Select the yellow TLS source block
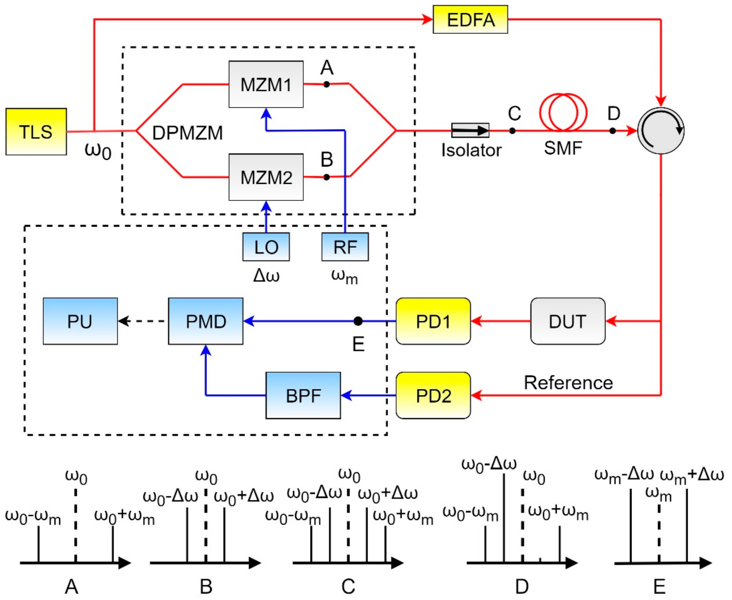coord(36,131)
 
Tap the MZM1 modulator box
coord(266,84)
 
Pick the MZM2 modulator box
coord(266,177)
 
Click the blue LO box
coord(266,247)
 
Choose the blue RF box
coord(345,247)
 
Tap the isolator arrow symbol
coord(470,130)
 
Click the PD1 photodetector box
coord(433,321)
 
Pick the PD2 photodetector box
coord(433,395)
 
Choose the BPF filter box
coord(303,395)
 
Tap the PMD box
coord(205,321)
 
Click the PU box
coord(80,321)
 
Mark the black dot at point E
coord(358,321)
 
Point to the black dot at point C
coord(512,131)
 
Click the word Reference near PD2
coord(568,383)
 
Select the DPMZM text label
coord(187,133)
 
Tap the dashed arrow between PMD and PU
coord(142,321)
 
